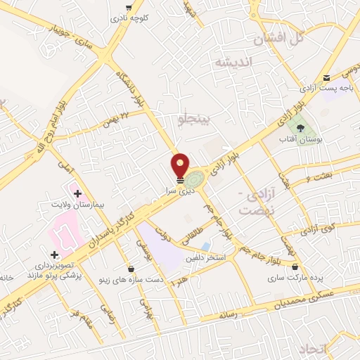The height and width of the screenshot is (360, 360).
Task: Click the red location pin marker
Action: pos(180,165)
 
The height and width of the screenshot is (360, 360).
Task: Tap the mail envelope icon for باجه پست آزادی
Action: pos(326,78)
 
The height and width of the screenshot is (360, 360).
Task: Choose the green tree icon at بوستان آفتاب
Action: pos(301,129)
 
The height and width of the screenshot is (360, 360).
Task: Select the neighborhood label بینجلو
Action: pos(191,120)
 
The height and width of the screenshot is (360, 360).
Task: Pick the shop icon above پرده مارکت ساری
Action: pos(295,267)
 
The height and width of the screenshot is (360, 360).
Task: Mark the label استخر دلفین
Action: pos(204,258)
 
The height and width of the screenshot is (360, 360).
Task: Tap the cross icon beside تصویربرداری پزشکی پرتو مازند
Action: pos(54,254)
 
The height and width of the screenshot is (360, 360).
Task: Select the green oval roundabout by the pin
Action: pos(196,179)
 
